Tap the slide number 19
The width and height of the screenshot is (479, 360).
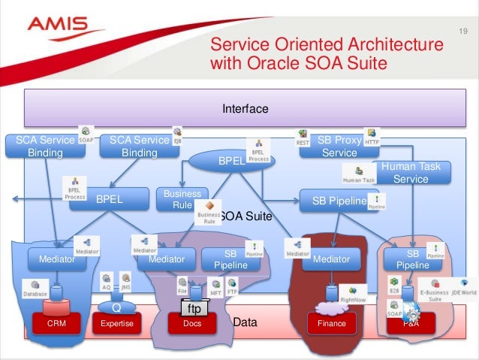coord(462,31)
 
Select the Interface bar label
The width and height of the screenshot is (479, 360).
coord(245,109)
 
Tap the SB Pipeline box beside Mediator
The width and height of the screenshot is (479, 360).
coord(230,259)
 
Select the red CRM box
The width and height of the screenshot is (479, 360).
coord(57,323)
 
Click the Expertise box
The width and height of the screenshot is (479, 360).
coord(116,323)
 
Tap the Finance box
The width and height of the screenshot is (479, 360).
coord(331,323)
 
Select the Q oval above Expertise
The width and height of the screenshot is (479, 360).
coord(116,307)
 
